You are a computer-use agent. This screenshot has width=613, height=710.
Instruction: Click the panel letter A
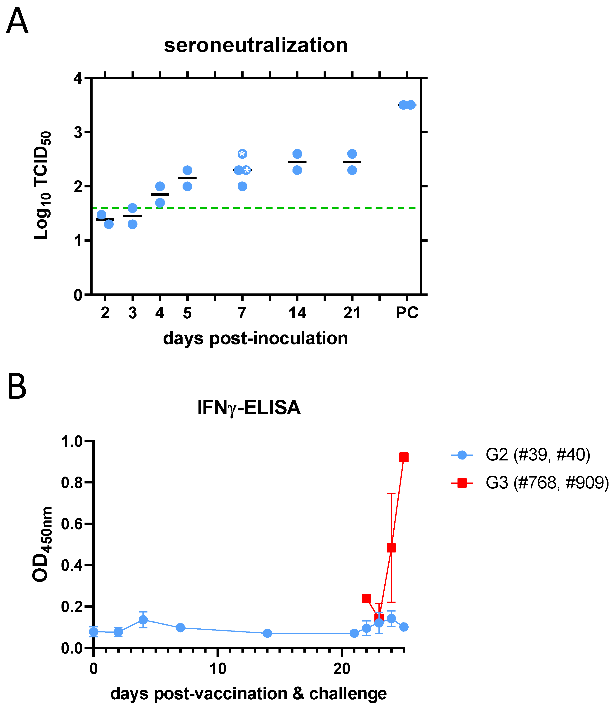coord(17,21)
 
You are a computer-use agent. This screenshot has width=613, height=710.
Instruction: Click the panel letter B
coord(17,387)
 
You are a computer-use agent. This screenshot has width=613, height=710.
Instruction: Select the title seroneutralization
coord(255,45)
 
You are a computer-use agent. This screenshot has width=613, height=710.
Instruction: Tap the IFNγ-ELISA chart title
coord(249,408)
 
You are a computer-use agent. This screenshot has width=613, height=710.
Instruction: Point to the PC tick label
coord(407,312)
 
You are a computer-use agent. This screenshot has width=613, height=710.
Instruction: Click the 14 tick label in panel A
coord(297,312)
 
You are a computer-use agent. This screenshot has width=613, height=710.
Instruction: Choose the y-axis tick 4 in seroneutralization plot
coord(78,79)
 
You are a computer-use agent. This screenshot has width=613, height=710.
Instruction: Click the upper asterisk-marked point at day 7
coord(242,154)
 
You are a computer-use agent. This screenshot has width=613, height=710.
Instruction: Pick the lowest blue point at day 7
coord(242,186)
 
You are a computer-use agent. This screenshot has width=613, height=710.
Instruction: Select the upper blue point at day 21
coord(352,154)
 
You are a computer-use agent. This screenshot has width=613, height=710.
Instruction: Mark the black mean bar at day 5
coord(187,178)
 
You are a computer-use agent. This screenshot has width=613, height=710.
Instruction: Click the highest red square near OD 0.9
coord(404,457)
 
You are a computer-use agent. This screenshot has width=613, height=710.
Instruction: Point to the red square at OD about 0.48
coord(391,548)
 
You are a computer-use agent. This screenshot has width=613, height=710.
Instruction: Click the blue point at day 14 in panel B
coord(267,633)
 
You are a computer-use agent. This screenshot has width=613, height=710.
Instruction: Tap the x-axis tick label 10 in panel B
coord(217,668)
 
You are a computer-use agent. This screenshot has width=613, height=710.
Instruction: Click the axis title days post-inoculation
coord(255,339)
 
